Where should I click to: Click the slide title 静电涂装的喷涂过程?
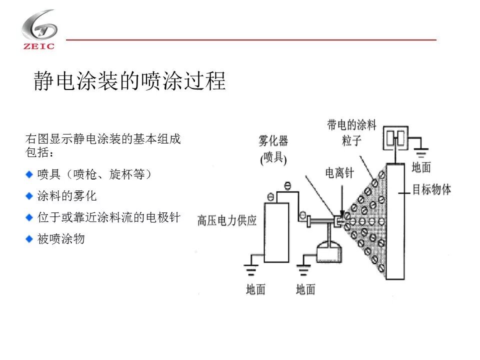coord(129,81)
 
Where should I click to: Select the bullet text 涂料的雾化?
coord(67,196)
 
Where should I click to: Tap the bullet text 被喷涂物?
coord(61,239)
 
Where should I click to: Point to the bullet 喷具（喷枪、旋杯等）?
coord(94,174)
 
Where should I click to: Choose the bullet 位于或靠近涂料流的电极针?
coord(108,217)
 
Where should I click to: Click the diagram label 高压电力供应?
coord(227,220)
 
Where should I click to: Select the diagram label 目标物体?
coord(431,189)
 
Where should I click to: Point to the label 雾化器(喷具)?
coord(273,149)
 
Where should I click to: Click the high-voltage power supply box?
coord(276,231)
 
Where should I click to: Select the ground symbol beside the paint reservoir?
coord(302,270)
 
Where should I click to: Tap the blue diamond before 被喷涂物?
coord(29,239)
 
